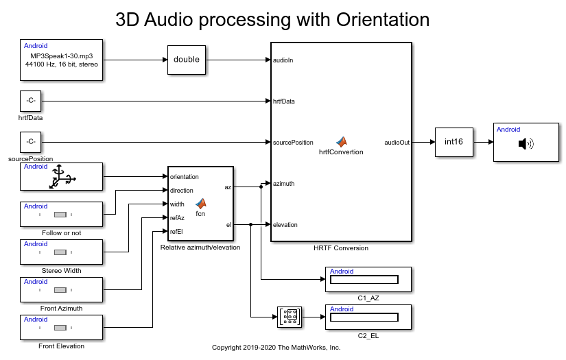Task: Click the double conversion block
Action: (x=186, y=60)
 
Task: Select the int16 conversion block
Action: (x=453, y=142)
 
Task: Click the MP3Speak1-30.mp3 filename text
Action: (x=61, y=55)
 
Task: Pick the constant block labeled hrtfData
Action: (x=30, y=101)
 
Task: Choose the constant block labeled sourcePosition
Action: (x=30, y=142)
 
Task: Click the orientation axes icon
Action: (x=61, y=177)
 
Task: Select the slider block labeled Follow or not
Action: (x=61, y=214)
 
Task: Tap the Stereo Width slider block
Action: (x=61, y=252)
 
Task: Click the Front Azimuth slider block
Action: (x=61, y=289)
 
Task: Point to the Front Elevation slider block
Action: (x=61, y=327)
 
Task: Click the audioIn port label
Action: (x=283, y=60)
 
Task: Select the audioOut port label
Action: (x=397, y=143)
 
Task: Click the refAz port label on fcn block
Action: (x=177, y=218)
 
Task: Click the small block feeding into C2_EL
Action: (x=290, y=317)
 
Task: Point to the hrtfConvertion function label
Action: (x=341, y=152)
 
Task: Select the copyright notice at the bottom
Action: (x=276, y=348)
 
